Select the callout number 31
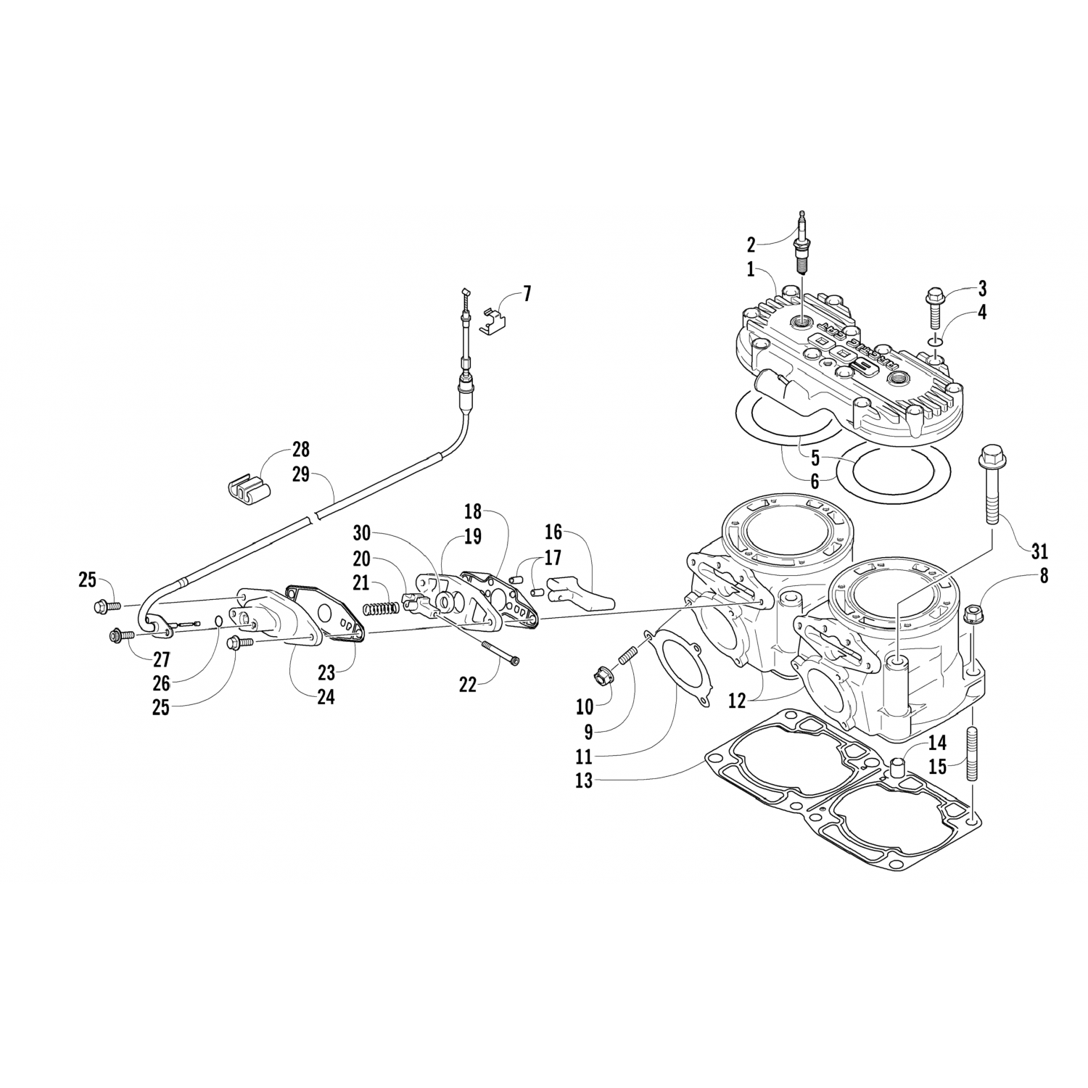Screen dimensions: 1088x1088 coord(1039,551)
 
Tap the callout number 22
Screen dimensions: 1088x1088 coord(468,684)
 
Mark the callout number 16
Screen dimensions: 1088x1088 coord(553,532)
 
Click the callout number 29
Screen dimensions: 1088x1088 coord(300,474)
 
